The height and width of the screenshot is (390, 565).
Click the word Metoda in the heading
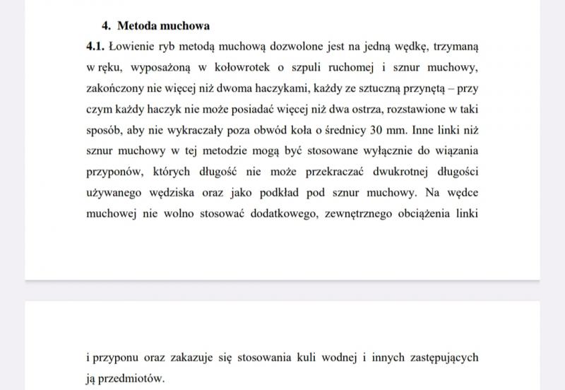pos(138,26)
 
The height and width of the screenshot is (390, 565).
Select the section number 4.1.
pos(95,47)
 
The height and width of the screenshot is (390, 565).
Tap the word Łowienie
pos(132,47)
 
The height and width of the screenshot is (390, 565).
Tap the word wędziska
pos(186,191)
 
